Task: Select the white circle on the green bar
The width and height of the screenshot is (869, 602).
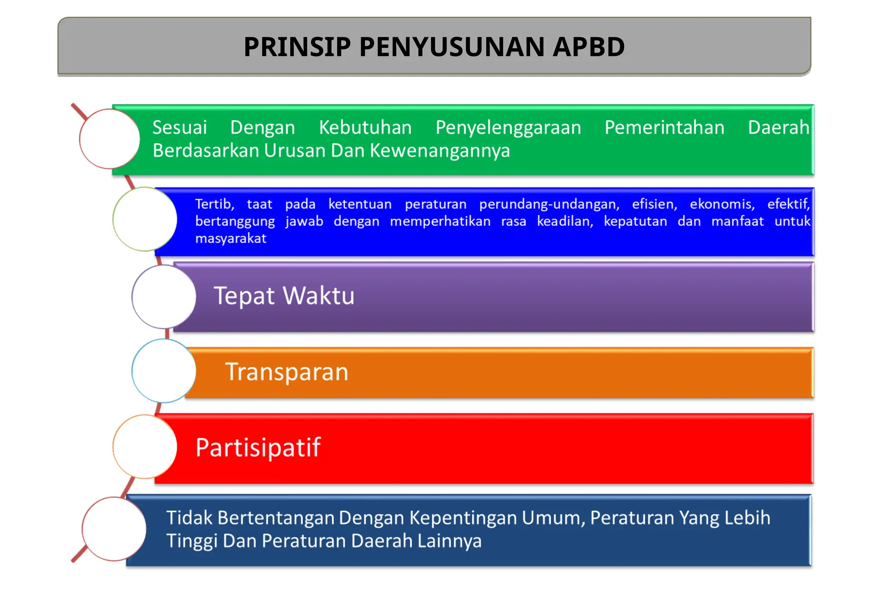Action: pos(109,139)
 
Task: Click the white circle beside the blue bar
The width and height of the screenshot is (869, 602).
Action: pos(145,219)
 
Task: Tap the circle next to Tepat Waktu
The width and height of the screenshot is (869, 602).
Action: pos(164,297)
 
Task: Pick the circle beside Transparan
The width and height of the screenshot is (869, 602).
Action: pos(164,371)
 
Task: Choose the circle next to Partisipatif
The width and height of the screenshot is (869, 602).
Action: pos(145,447)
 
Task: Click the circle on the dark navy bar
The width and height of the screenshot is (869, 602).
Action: pos(114,529)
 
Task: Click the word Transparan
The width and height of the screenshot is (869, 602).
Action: pos(286,372)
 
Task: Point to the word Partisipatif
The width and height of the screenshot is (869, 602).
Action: pos(258,447)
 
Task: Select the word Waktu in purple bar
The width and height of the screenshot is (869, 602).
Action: pos(318,295)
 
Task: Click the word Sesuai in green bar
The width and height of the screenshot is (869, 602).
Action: pos(179,127)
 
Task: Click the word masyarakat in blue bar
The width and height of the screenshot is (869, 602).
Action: pos(230,239)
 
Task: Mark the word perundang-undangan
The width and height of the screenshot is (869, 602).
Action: pos(549,204)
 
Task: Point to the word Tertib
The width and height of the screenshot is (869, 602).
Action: pos(214,204)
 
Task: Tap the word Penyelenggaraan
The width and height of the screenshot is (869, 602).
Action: pos(508,128)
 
